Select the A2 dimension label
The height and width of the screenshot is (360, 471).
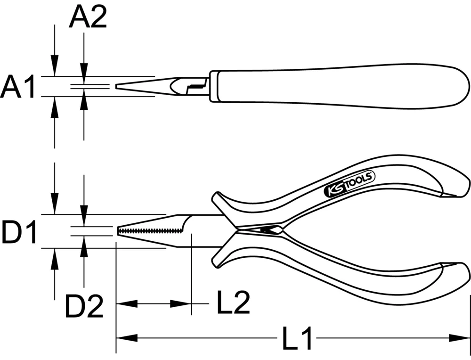[88, 18]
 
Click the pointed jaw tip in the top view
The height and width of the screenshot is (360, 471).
[119, 87]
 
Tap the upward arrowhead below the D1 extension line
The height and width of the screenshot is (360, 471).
[55, 257]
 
